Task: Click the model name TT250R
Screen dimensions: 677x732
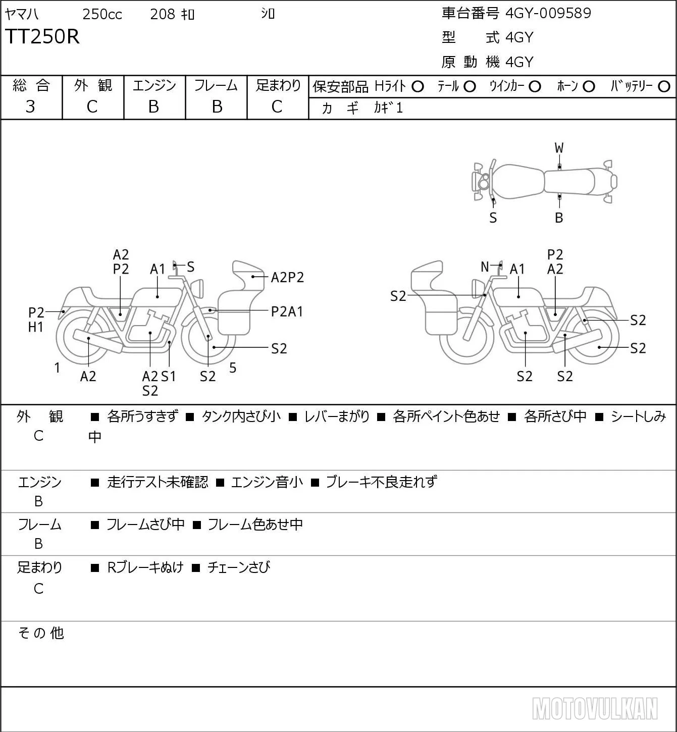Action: (42, 36)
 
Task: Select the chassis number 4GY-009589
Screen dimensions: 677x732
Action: (548, 13)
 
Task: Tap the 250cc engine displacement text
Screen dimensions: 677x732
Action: (102, 14)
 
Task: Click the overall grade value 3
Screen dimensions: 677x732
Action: (30, 107)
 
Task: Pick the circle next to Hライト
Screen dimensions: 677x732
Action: (418, 87)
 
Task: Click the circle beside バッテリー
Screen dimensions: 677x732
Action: (664, 87)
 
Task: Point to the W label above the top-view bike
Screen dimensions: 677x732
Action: (559, 148)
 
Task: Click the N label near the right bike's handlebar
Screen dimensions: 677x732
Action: (485, 267)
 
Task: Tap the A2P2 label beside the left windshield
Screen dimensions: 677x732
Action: (287, 277)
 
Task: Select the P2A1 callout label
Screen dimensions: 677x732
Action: (287, 312)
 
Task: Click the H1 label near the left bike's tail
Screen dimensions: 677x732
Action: (36, 327)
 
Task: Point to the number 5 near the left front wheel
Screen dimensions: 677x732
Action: (233, 368)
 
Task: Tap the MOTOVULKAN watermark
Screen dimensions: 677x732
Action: (595, 709)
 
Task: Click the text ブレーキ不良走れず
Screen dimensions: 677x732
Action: (382, 482)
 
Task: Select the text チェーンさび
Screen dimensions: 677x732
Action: (239, 567)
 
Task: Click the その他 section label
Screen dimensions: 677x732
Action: (41, 633)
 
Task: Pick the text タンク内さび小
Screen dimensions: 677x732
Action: (241, 416)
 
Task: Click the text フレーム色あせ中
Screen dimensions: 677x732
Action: (255, 525)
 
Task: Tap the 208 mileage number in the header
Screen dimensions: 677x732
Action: (162, 14)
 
